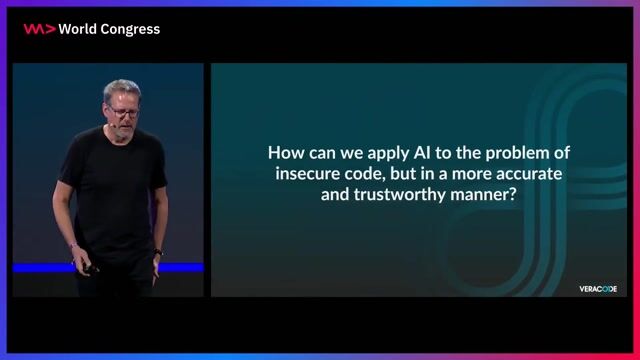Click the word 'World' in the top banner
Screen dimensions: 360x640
pyautogui.click(x=79, y=29)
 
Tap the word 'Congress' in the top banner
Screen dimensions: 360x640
pyautogui.click(x=131, y=29)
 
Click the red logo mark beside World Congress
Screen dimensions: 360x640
pyautogui.click(x=39, y=29)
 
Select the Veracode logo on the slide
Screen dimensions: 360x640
pyautogui.click(x=598, y=289)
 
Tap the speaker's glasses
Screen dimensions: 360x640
pyautogui.click(x=124, y=111)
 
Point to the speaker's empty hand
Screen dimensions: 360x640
pyautogui.click(x=158, y=256)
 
